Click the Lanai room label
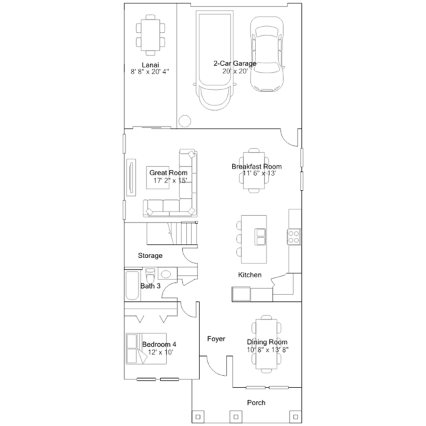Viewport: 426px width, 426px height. [x=150, y=65]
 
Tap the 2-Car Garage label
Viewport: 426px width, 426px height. [x=235, y=63]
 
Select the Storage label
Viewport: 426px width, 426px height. [x=150, y=255]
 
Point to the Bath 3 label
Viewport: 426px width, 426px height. [x=150, y=286]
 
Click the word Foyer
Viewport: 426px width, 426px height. [x=216, y=339]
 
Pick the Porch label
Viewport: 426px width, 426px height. [x=256, y=403]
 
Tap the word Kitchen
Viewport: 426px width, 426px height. [x=250, y=275]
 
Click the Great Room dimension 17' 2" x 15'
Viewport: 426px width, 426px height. [x=171, y=181]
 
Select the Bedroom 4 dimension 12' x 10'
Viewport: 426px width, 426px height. [x=161, y=352]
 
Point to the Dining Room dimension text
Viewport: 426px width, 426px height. [x=267, y=349]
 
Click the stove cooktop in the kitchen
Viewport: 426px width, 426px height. [x=294, y=237]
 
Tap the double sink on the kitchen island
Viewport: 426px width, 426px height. [x=260, y=237]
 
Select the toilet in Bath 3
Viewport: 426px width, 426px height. [x=150, y=275]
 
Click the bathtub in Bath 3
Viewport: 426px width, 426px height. [x=132, y=285]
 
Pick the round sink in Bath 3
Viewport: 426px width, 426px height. [x=165, y=274]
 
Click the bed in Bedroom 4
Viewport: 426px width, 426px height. [x=146, y=349]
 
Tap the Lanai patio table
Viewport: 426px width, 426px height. [x=150, y=35]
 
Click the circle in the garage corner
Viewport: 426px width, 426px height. [x=185, y=121]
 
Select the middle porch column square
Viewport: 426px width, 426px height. [x=236, y=417]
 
